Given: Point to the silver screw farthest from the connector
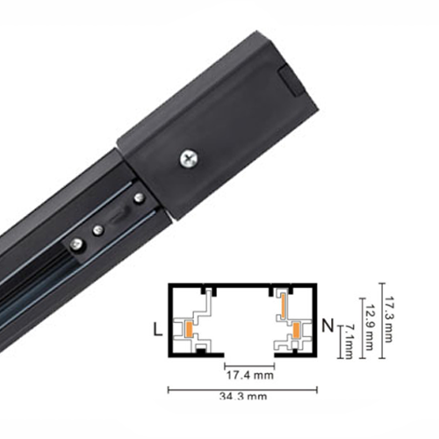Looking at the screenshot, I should [78, 244].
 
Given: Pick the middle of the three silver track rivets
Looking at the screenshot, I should [98, 230].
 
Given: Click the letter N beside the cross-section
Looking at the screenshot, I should [327, 327].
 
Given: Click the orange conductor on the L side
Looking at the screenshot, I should [189, 329].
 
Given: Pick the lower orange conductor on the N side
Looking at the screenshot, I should [297, 330].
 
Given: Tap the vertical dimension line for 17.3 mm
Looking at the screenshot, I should [378, 321].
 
